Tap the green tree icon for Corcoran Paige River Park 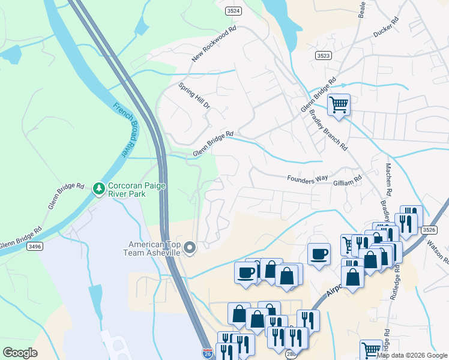click(x=98, y=189)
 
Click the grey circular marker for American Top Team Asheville click(x=190, y=247)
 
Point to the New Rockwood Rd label click(x=214, y=44)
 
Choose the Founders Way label click(x=307, y=178)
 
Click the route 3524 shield click(x=234, y=11)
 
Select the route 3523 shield click(x=323, y=55)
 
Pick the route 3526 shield click(x=429, y=229)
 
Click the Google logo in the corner click(x=20, y=353)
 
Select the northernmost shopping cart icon click(x=339, y=104)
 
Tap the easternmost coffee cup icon click(x=319, y=253)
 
